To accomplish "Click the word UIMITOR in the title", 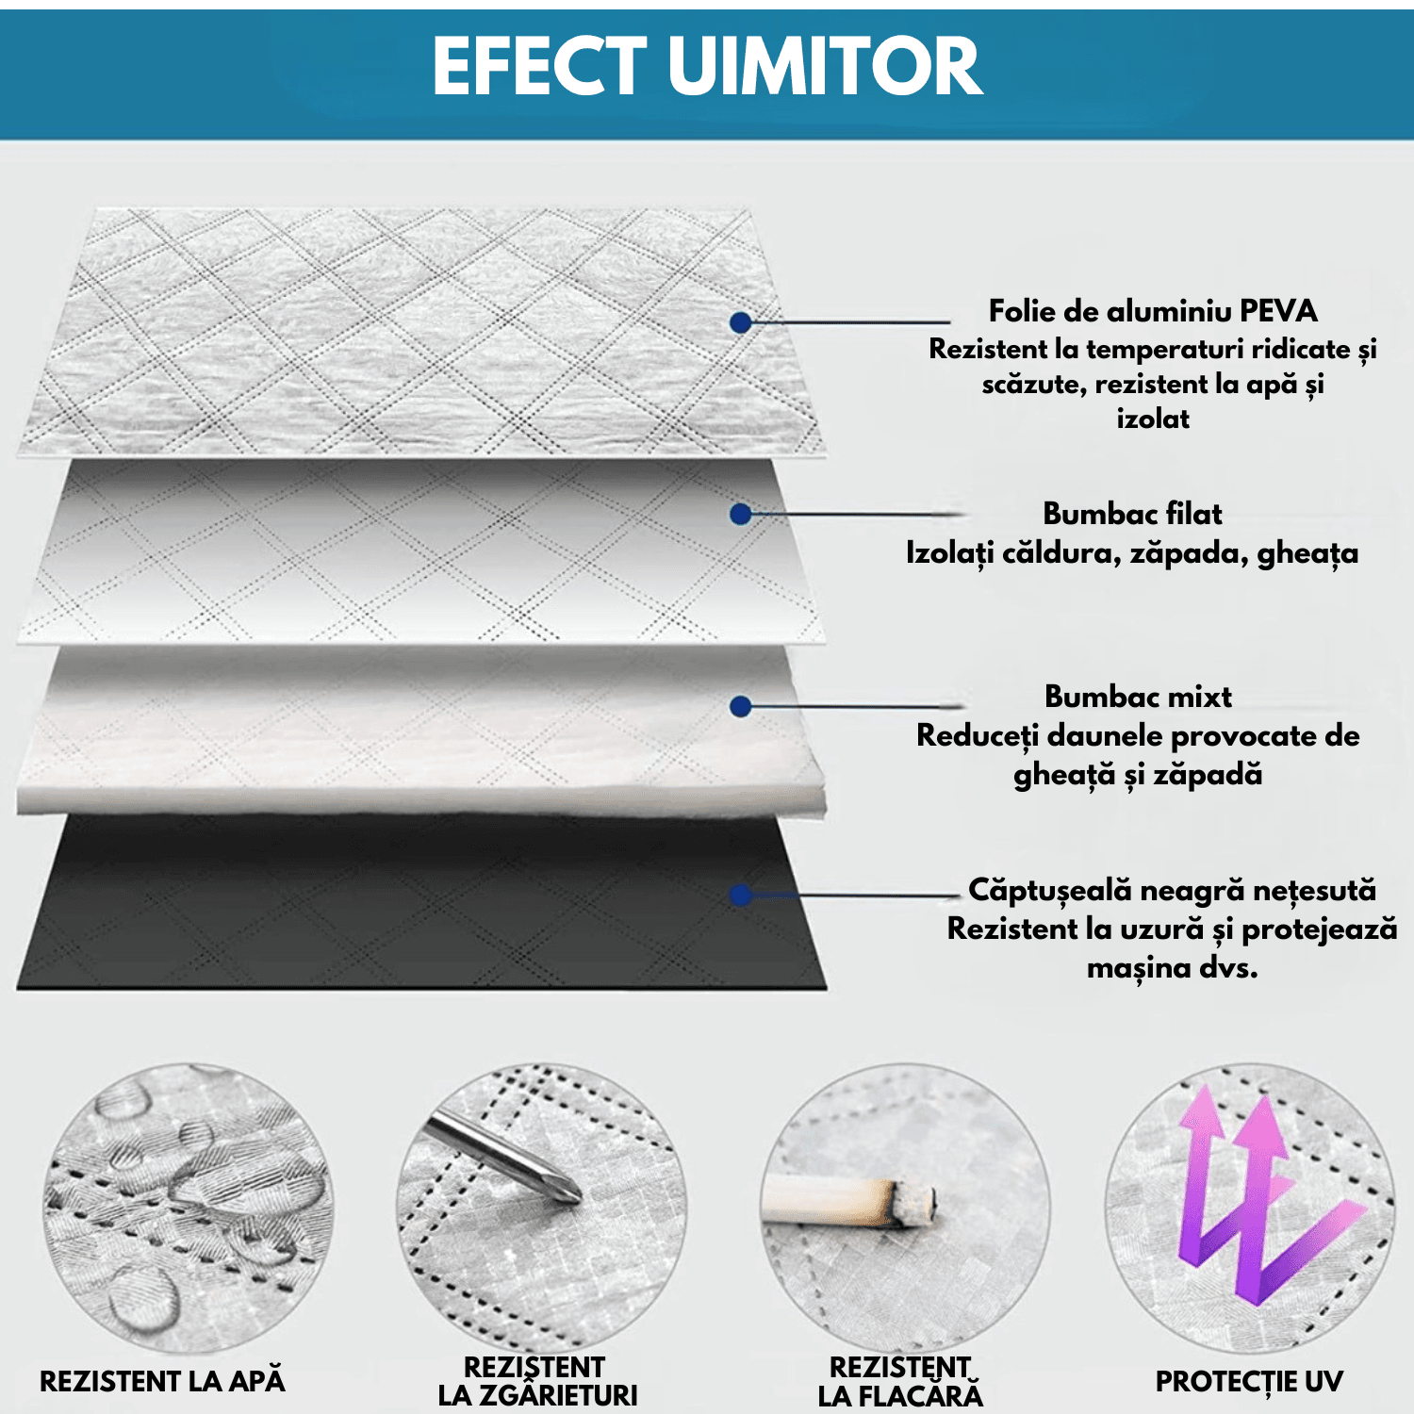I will pos(825,66).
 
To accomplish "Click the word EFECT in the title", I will pos(540,66).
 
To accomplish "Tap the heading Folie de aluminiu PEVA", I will pos(1152,311).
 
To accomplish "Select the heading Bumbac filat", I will pos(1132,514).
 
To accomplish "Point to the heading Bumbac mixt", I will pos(1138,697).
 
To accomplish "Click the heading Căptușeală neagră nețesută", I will pos(1172,890).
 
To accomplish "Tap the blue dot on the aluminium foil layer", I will pos(741,322).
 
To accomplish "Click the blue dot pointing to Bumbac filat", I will pos(741,514).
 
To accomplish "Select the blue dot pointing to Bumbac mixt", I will pos(741,706).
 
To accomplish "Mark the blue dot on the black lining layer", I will pos(741,895).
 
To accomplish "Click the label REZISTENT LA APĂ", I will pos(162,1381).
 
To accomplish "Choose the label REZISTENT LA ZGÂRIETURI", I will pos(537,1381).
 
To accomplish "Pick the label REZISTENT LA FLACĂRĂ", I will pos(900,1381).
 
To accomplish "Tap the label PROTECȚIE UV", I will pos(1249,1381).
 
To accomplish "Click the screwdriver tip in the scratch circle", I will pos(569,1192).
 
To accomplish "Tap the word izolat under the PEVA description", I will pos(1153,419).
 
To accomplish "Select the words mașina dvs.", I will pos(1172,968).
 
